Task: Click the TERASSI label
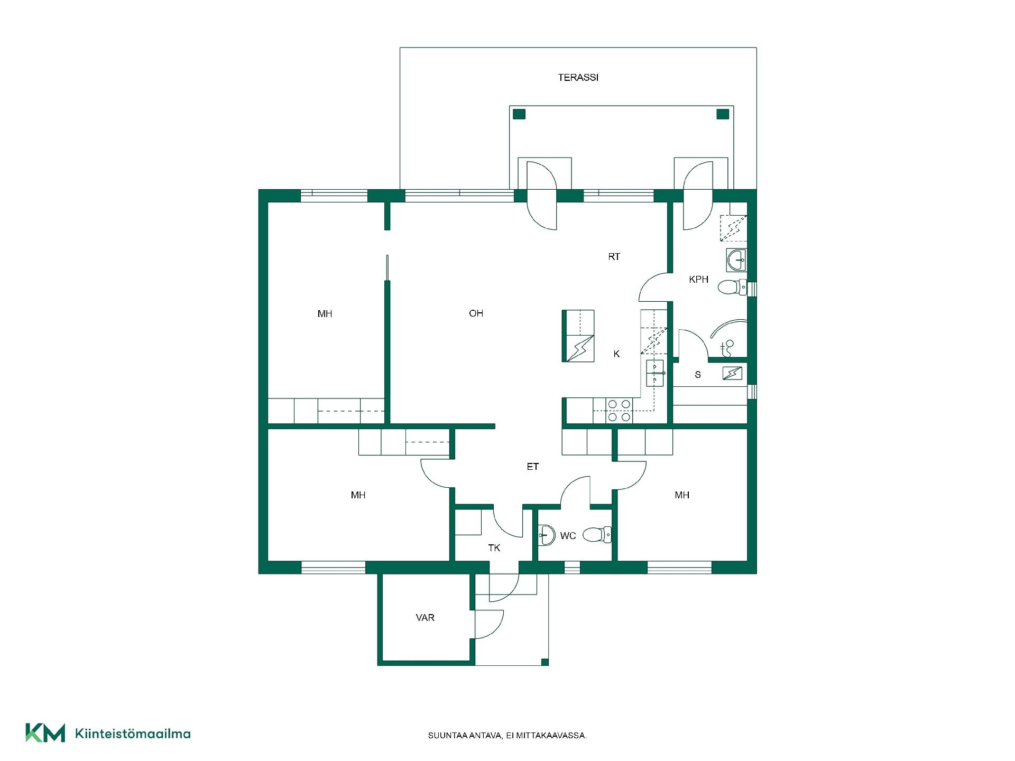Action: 578,78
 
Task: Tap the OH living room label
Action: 476,313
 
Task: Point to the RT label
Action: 614,257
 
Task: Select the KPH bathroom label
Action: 698,280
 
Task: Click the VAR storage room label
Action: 425,618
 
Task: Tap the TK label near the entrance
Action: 494,548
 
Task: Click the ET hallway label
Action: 532,467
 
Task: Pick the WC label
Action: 568,536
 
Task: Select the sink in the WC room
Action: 546,535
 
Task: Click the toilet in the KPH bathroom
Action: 732,287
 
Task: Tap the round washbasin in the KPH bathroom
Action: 736,260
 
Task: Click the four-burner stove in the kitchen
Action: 619,411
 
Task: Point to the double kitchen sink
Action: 655,373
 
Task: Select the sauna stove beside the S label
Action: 732,374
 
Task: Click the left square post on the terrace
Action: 519,114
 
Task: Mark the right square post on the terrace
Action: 723,114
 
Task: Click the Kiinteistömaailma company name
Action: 133,734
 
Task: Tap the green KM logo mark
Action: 45,732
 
